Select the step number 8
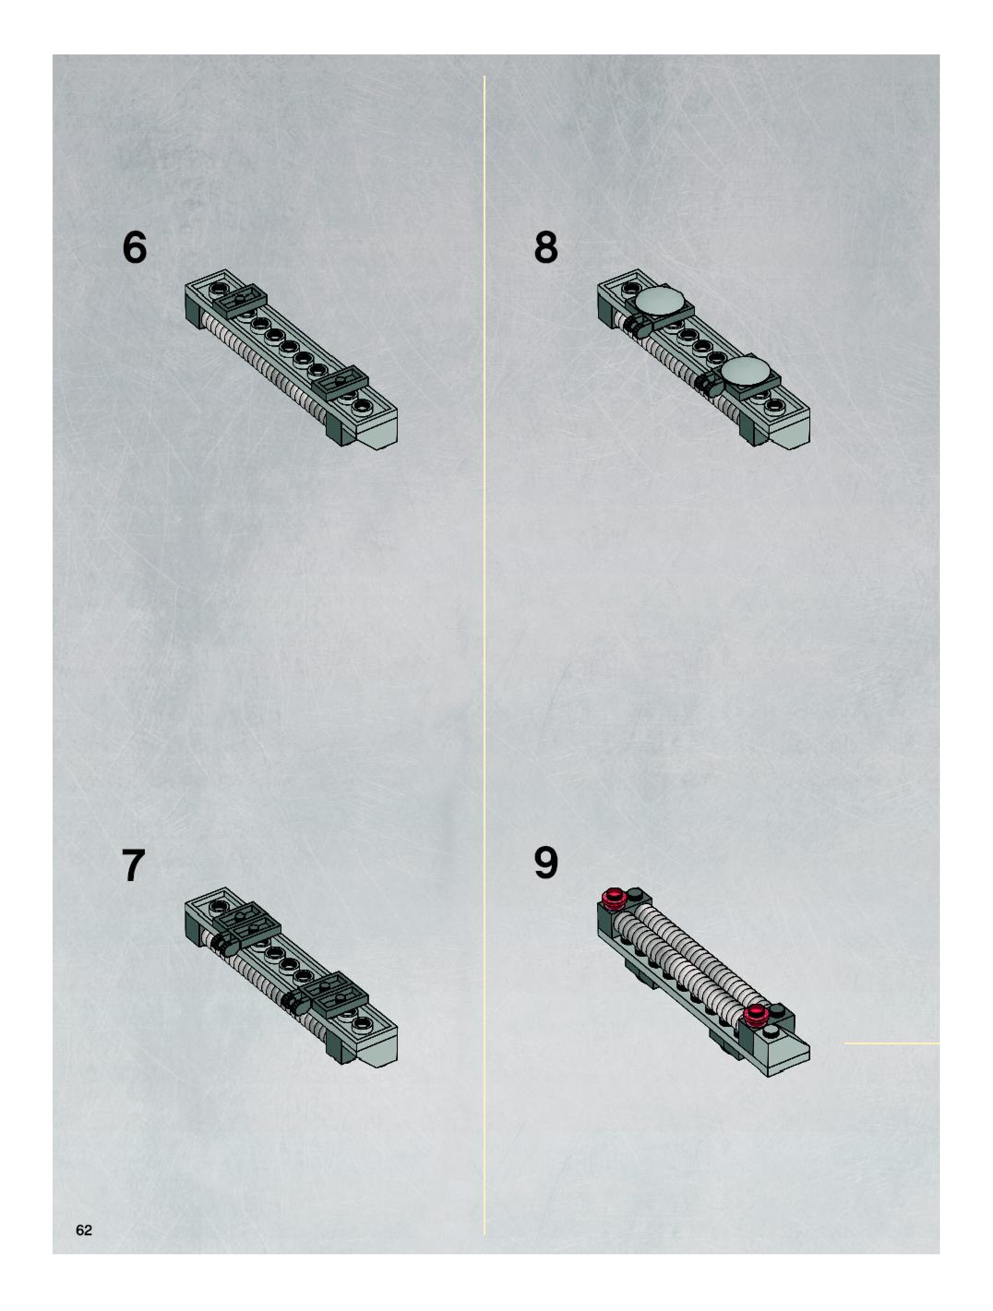(x=545, y=247)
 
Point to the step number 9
(x=545, y=863)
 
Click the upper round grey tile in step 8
(x=660, y=302)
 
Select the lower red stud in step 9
(x=756, y=1015)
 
